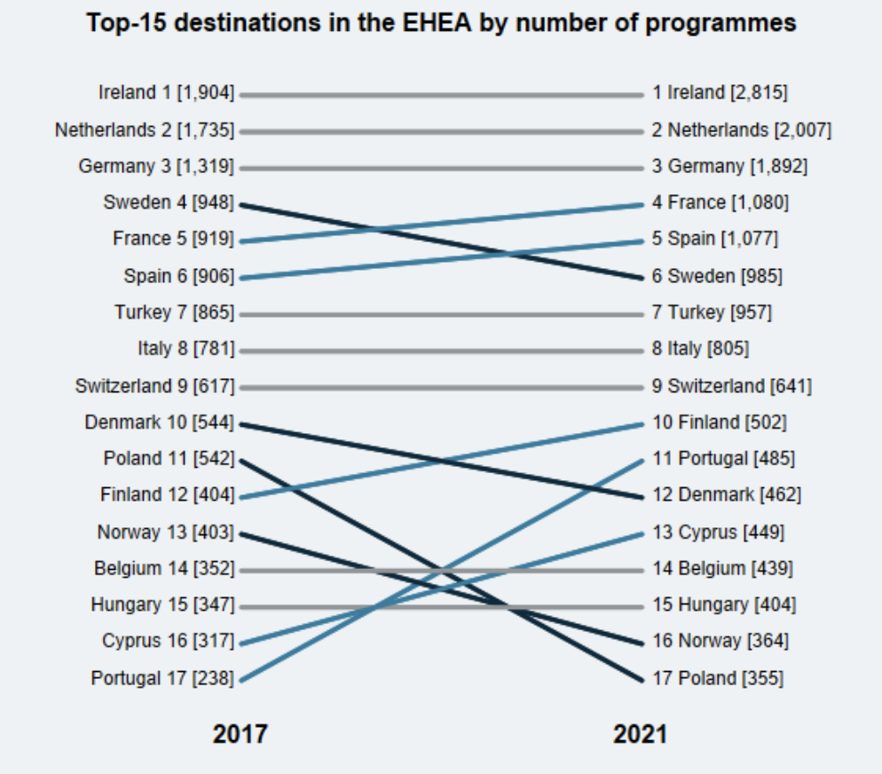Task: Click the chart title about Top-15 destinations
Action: (x=441, y=24)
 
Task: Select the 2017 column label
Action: (x=240, y=734)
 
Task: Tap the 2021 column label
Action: (x=640, y=734)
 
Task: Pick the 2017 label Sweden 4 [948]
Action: (x=169, y=203)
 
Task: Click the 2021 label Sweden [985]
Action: (x=717, y=277)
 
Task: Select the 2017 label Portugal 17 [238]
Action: (x=162, y=679)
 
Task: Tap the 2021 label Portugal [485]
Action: (x=723, y=460)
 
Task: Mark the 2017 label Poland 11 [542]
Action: (x=169, y=460)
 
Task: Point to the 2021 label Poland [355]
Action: (x=718, y=679)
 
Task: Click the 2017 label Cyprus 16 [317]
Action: (x=168, y=642)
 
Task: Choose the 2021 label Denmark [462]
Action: (x=726, y=496)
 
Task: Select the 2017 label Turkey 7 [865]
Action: (x=174, y=313)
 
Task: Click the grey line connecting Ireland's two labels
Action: (x=441, y=94)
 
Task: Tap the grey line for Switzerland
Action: (x=441, y=387)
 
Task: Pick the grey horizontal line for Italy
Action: (x=441, y=351)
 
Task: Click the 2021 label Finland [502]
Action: (x=720, y=423)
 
